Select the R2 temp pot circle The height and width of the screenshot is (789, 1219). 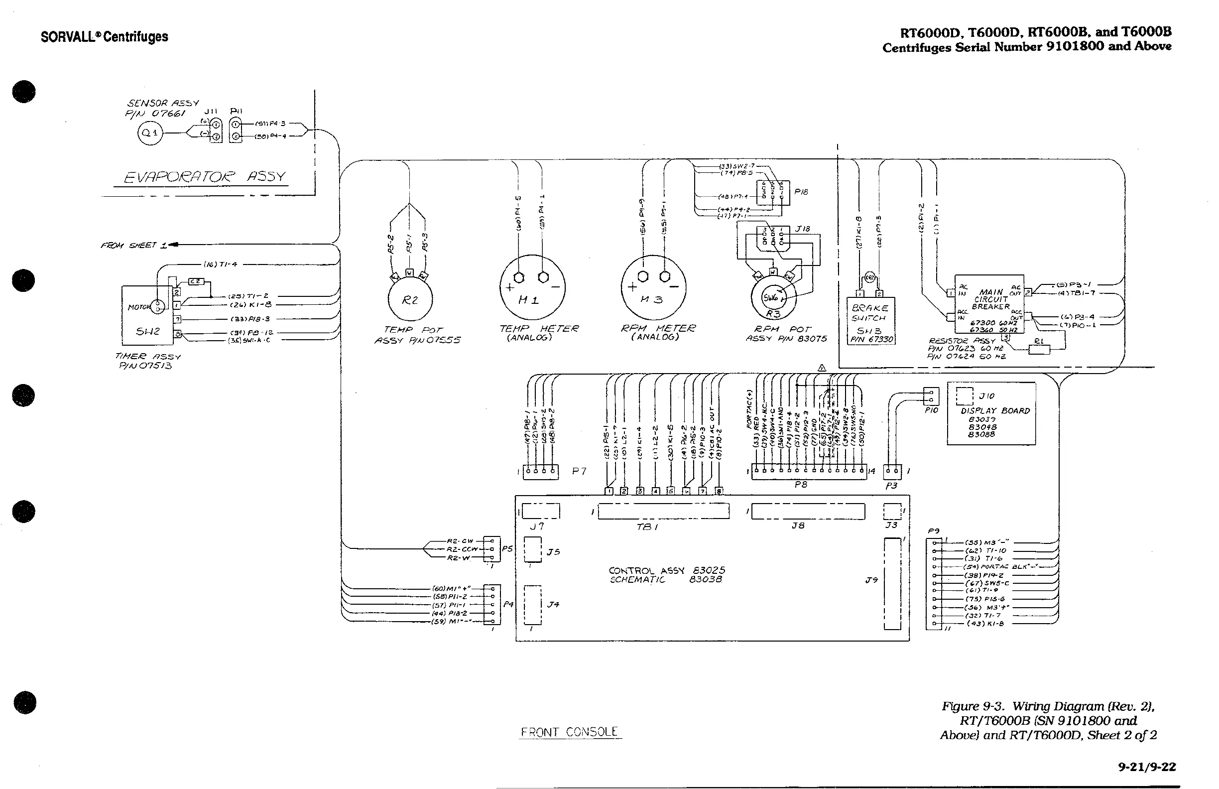[x=410, y=300]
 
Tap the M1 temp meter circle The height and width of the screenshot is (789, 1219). [x=532, y=288]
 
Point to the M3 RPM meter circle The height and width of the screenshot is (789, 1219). [x=653, y=288]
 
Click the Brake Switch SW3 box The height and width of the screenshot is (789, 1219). [x=871, y=320]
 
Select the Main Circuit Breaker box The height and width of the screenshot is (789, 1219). [x=989, y=304]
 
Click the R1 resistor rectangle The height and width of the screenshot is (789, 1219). [x=1039, y=349]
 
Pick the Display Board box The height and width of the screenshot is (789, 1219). [x=991, y=413]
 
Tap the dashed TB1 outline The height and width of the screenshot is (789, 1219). [x=663, y=512]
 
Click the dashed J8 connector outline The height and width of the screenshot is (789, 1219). [x=808, y=512]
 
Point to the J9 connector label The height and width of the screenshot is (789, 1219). [x=871, y=580]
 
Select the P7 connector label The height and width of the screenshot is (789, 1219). [x=579, y=471]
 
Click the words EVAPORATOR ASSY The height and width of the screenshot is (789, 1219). [x=205, y=177]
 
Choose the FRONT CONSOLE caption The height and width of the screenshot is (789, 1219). [x=570, y=732]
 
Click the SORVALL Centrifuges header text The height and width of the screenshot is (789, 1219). [x=105, y=37]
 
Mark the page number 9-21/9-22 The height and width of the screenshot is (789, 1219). [x=1147, y=767]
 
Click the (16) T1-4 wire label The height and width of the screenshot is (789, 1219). [x=220, y=264]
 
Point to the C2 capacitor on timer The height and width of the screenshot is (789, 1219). [x=197, y=281]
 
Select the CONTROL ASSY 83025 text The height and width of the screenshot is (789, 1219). [x=666, y=570]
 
